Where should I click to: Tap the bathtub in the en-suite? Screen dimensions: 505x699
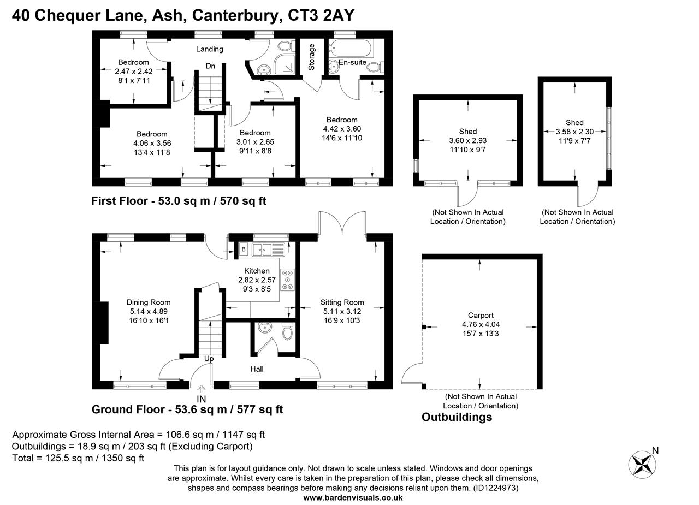click(351, 48)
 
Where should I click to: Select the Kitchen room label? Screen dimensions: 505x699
click(257, 271)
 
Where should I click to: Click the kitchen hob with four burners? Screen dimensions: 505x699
click(287, 280)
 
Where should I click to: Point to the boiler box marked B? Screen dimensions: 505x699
click(243, 249)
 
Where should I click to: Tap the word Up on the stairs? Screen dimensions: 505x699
click(209, 359)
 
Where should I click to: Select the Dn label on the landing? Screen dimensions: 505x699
click(210, 66)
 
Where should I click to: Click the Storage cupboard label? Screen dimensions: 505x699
click(312, 57)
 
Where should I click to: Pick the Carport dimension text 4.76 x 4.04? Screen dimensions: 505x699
click(481, 324)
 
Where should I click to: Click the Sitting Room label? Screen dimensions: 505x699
click(342, 302)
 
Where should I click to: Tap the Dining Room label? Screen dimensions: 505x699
click(149, 302)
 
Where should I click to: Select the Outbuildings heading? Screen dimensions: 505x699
click(457, 417)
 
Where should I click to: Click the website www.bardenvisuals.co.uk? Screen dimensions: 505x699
click(353, 497)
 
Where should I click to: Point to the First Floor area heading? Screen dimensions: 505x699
click(179, 201)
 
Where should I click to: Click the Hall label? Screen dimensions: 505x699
click(257, 369)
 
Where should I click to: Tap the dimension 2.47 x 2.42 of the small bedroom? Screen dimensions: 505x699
click(133, 71)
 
